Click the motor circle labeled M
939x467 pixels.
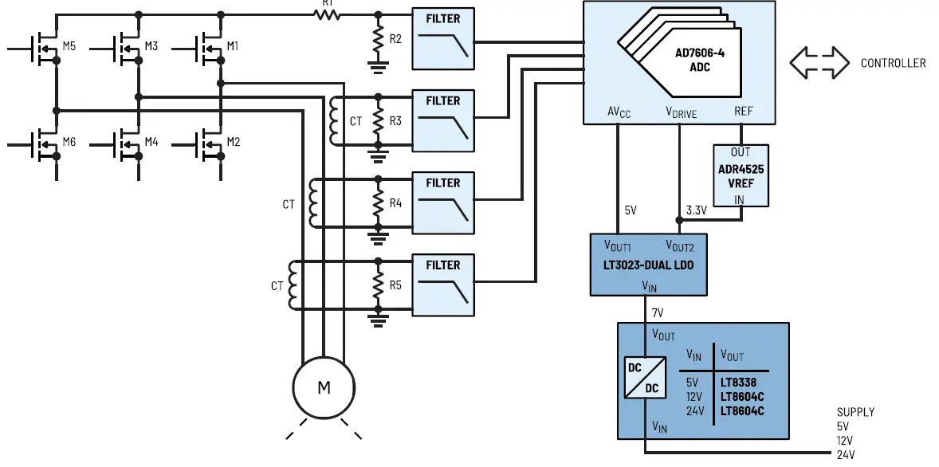point(324,388)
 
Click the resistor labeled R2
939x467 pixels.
point(378,39)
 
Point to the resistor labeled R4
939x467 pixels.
point(378,203)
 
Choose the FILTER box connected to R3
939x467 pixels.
point(442,120)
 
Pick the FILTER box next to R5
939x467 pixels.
point(442,285)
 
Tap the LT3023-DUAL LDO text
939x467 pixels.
point(647,265)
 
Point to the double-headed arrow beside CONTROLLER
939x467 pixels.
point(819,62)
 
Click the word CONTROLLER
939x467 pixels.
point(893,63)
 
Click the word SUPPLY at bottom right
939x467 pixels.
point(855,412)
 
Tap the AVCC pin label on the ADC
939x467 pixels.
point(619,113)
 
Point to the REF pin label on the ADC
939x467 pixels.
point(743,112)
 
